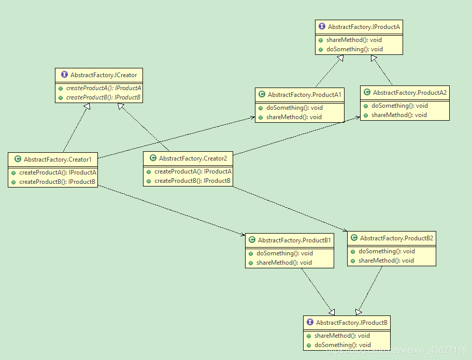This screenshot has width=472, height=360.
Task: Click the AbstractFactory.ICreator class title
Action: point(104,75)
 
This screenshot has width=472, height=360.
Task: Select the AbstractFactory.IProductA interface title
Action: point(364,26)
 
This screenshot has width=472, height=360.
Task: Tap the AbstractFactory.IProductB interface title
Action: point(351,322)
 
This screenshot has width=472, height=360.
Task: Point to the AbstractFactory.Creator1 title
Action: point(57,160)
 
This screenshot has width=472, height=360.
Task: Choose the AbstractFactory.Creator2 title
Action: point(193,159)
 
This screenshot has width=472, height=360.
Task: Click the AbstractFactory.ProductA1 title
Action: point(304,95)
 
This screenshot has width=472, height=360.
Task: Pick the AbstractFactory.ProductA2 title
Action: point(409,93)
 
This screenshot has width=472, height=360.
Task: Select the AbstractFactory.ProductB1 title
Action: point(294,240)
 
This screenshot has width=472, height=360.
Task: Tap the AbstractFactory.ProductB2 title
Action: point(396,238)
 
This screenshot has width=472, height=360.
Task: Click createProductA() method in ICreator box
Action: point(103,88)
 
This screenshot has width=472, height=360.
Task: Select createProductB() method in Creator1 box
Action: point(57,182)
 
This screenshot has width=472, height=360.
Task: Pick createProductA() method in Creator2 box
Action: point(192,171)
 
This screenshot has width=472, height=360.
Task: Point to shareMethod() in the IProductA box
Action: point(354,40)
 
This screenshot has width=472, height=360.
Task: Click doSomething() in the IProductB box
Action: point(342,345)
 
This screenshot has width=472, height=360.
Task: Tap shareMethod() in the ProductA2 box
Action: point(398,115)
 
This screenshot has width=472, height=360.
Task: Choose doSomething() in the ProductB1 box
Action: point(284,253)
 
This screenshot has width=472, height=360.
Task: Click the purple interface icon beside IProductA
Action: point(322,26)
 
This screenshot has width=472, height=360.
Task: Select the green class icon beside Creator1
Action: point(18,160)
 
